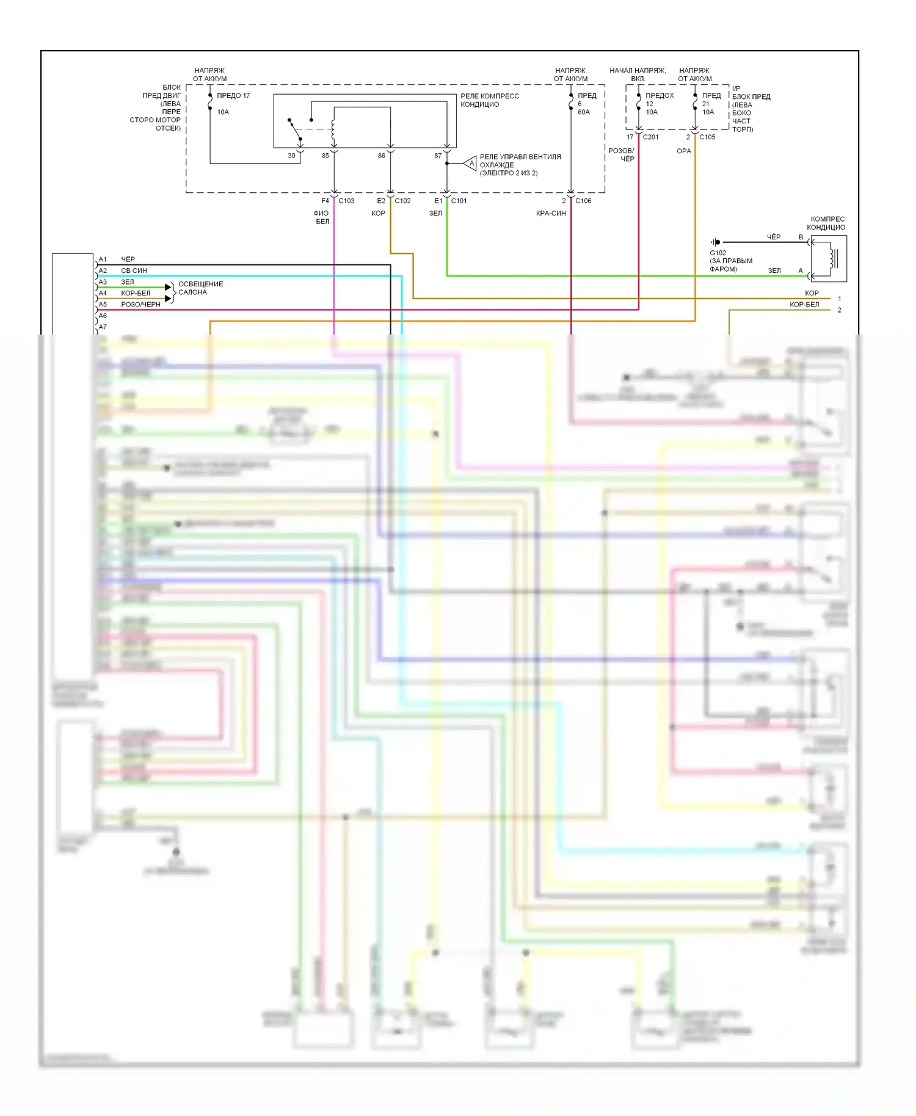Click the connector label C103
click(x=346, y=201)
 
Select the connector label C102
click(x=402, y=201)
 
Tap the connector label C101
click(x=459, y=201)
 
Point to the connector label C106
click(x=583, y=201)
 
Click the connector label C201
click(x=650, y=137)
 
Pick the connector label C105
click(x=707, y=137)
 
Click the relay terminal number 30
click(x=291, y=156)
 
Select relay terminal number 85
click(x=325, y=156)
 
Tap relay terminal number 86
click(x=382, y=156)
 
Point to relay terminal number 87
click(x=438, y=156)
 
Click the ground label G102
click(x=718, y=253)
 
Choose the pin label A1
click(x=103, y=259)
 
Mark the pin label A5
click(x=103, y=305)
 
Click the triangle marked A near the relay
click(x=471, y=164)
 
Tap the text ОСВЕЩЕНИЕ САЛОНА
click(x=200, y=288)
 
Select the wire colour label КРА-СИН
click(x=551, y=214)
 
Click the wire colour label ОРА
click(x=684, y=151)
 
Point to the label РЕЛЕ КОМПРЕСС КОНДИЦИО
click(x=490, y=100)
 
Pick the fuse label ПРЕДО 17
click(x=233, y=96)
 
